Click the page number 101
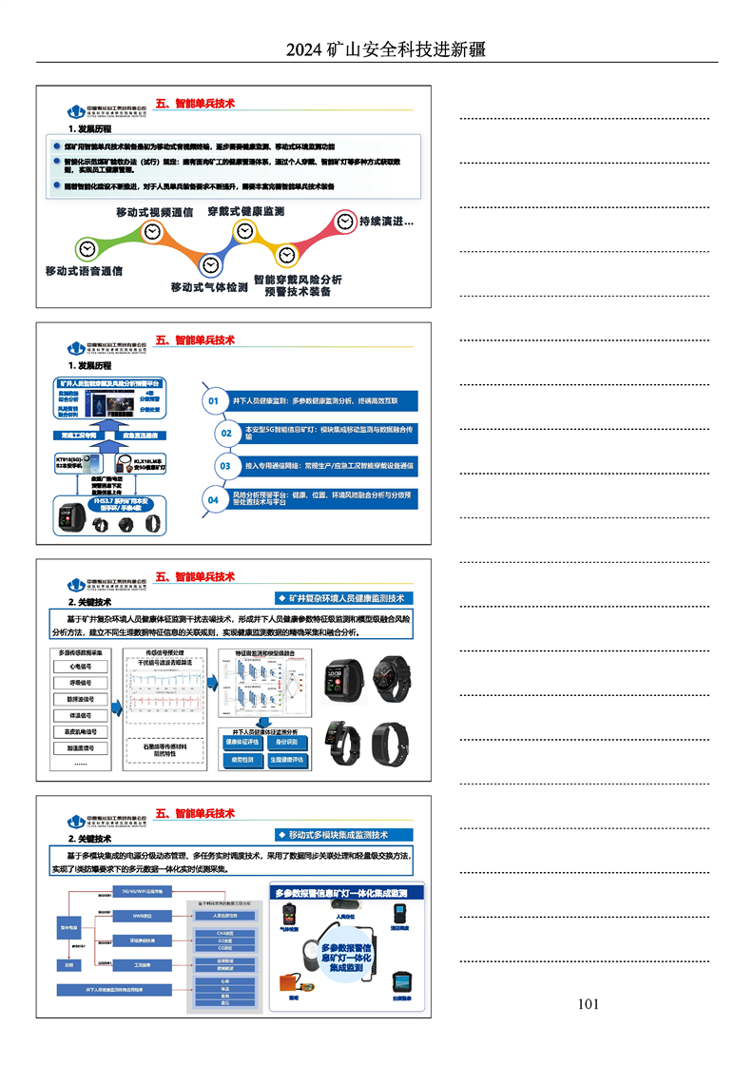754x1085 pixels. (x=588, y=1004)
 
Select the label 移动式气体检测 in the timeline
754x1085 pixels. (x=209, y=286)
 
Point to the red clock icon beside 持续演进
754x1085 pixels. (x=343, y=223)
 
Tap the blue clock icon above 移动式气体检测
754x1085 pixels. (x=211, y=265)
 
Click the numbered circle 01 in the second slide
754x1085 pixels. (x=214, y=402)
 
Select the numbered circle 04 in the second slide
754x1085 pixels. (x=214, y=499)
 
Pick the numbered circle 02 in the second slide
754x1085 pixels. (x=226, y=434)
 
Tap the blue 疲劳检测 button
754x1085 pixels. (x=241, y=761)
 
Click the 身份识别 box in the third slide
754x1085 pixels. (x=286, y=742)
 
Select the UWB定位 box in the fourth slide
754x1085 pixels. (x=142, y=916)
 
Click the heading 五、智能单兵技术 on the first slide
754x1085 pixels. (x=195, y=103)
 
